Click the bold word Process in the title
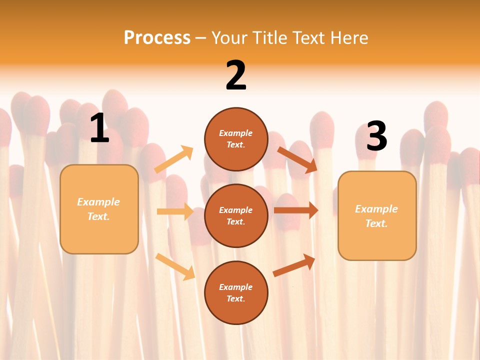(x=157, y=37)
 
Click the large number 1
(x=99, y=128)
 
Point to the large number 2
(x=236, y=75)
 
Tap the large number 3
(x=376, y=136)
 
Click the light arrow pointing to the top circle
(x=174, y=159)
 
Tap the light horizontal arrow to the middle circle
(x=175, y=211)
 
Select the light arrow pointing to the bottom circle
(x=175, y=266)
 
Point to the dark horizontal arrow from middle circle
(x=296, y=210)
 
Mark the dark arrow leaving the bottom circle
(x=294, y=265)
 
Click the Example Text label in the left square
(x=98, y=209)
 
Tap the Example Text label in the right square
(x=376, y=216)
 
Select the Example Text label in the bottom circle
(x=236, y=292)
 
